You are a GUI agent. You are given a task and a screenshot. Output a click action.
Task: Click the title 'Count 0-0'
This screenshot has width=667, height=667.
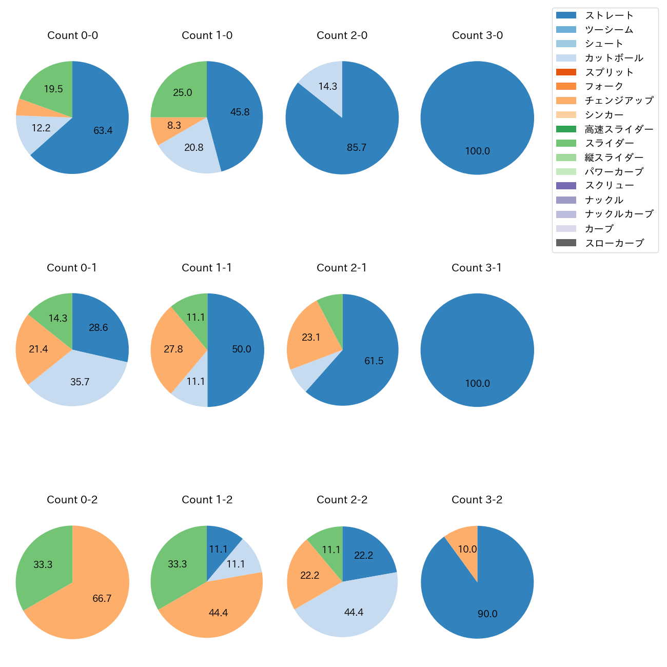click(x=72, y=35)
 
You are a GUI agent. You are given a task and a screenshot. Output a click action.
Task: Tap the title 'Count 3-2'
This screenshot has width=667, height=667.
click(x=477, y=500)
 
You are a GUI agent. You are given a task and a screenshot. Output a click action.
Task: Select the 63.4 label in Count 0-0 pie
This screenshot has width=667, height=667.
click(x=103, y=131)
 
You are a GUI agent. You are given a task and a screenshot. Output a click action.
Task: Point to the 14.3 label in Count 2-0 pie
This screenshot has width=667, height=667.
click(x=327, y=86)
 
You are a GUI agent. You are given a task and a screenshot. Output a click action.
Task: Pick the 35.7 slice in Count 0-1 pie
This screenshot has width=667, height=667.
click(x=80, y=382)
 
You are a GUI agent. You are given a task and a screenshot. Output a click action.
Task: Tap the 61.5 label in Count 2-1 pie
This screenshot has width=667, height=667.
click(x=374, y=361)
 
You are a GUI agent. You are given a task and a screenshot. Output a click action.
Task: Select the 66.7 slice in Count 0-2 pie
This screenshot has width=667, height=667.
click(x=102, y=599)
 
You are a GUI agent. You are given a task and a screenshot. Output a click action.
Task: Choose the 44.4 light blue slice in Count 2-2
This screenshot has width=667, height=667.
click(x=354, y=613)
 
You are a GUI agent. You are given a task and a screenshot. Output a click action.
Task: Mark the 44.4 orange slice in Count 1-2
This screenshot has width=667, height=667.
click(x=218, y=613)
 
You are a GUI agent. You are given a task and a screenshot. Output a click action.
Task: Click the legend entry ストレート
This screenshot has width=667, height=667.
click(x=609, y=15)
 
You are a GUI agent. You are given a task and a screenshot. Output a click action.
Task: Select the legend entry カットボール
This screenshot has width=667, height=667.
click(x=614, y=58)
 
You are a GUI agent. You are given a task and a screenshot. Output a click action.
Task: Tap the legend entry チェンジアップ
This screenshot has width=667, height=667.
click(x=619, y=101)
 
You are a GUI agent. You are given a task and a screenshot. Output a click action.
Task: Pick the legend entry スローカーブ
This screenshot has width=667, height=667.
click(x=614, y=243)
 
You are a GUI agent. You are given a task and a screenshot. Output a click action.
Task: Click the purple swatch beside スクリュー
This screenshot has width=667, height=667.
click(x=566, y=186)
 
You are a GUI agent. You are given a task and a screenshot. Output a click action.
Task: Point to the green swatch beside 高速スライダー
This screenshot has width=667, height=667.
click(x=566, y=129)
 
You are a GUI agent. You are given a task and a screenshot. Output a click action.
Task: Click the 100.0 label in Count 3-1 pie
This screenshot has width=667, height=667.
click(x=477, y=384)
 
